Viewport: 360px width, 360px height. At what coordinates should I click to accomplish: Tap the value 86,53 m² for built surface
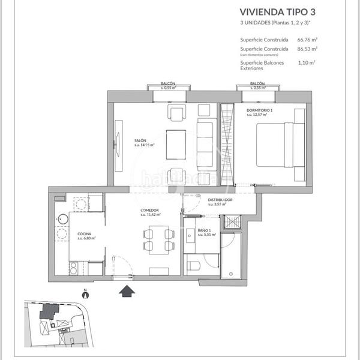pyautogui.click(x=308, y=49)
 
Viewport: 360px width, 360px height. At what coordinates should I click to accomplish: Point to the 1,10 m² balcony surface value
pyautogui.click(x=307, y=61)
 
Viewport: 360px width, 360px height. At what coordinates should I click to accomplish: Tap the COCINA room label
pyautogui.click(x=84, y=234)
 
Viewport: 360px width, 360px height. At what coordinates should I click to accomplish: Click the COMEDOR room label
pyautogui.click(x=149, y=211)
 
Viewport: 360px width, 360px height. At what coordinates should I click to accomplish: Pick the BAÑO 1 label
pyautogui.click(x=203, y=230)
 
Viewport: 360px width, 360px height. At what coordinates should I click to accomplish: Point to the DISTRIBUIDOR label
pyautogui.click(x=220, y=200)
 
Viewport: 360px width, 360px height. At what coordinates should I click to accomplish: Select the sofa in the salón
pyautogui.click(x=206, y=144)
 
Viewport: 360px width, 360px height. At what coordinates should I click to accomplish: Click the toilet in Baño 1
pyautogui.click(x=193, y=265)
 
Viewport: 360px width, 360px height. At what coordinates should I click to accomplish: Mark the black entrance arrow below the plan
pyautogui.click(x=127, y=292)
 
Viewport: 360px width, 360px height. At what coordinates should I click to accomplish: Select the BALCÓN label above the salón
pyautogui.click(x=168, y=84)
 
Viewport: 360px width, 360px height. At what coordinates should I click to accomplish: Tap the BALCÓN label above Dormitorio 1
pyautogui.click(x=257, y=84)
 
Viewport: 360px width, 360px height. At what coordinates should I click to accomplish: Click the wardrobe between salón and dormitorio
pyautogui.click(x=226, y=144)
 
